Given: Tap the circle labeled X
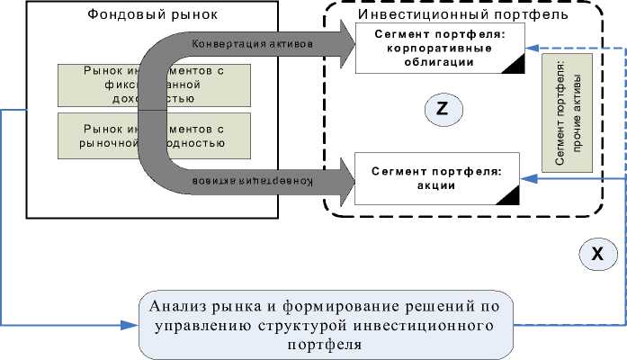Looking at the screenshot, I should point(596,255).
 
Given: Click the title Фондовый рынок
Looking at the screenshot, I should point(154,16).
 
